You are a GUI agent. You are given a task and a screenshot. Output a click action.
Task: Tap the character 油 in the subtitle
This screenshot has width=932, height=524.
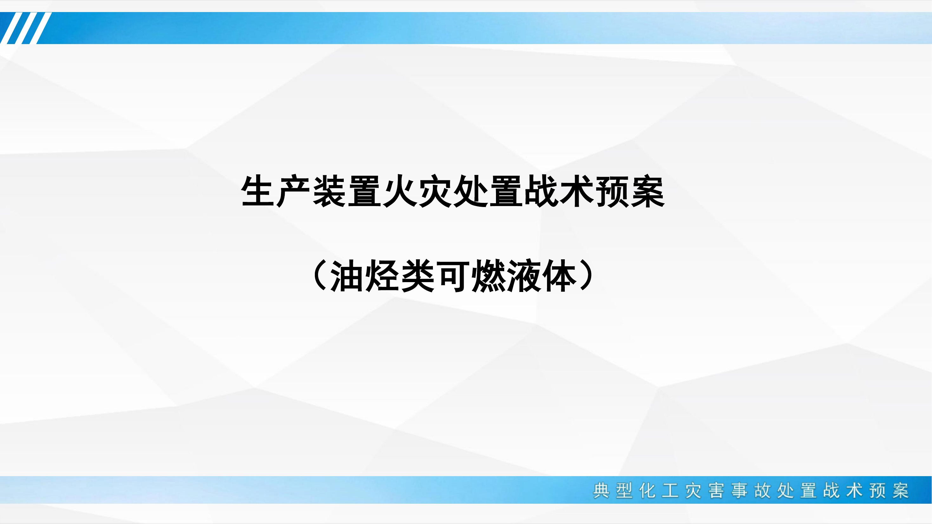point(346,275)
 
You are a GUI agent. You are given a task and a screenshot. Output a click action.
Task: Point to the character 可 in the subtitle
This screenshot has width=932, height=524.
point(453,275)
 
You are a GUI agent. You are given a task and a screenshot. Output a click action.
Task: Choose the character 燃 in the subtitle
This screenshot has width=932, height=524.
point(488,275)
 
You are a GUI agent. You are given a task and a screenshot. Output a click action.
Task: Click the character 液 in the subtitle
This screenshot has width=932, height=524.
point(524,275)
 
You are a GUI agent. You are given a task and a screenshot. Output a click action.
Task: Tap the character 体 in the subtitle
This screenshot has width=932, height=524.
point(559,275)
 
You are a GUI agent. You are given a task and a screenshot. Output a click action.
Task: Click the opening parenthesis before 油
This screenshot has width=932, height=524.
point(320,275)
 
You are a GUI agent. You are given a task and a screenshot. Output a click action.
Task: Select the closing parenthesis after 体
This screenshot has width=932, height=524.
point(586,275)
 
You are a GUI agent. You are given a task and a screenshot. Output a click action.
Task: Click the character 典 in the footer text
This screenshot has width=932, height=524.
point(601,490)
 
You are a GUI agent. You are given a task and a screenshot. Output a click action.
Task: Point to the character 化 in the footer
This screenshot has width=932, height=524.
point(647,490)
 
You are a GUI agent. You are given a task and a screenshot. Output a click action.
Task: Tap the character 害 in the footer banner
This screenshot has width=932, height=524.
point(716,490)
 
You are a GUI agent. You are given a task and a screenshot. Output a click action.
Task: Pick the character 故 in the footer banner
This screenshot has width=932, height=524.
point(762,490)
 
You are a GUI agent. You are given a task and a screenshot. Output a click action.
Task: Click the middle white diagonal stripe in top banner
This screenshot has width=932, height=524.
point(26,28)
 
